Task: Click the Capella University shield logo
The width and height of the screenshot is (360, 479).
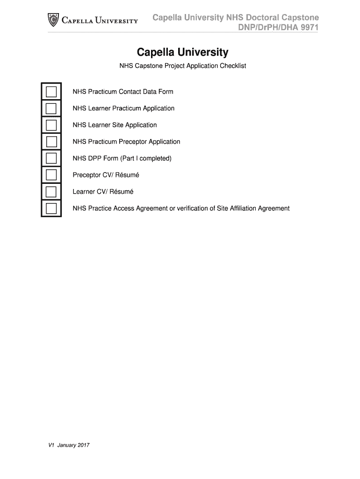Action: (54, 20)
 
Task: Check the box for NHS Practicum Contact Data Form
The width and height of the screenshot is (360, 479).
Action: (51, 91)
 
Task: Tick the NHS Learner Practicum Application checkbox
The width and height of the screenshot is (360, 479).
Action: (51, 108)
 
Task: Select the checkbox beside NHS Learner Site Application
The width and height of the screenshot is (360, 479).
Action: (51, 125)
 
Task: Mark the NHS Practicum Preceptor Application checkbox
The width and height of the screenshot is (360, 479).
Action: (51, 142)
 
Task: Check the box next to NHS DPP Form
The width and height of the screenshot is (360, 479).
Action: (51, 159)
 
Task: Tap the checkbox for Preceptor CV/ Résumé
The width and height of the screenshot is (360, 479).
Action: (51, 175)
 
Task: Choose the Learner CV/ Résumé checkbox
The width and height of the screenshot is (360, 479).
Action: (51, 192)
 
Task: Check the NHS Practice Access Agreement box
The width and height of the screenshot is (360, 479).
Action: (51, 208)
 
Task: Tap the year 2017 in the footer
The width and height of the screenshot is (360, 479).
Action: (82, 445)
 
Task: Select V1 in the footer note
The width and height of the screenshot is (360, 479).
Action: (52, 445)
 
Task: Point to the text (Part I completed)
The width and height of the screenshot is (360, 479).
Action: (146, 159)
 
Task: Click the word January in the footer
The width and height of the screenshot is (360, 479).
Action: (66, 445)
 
